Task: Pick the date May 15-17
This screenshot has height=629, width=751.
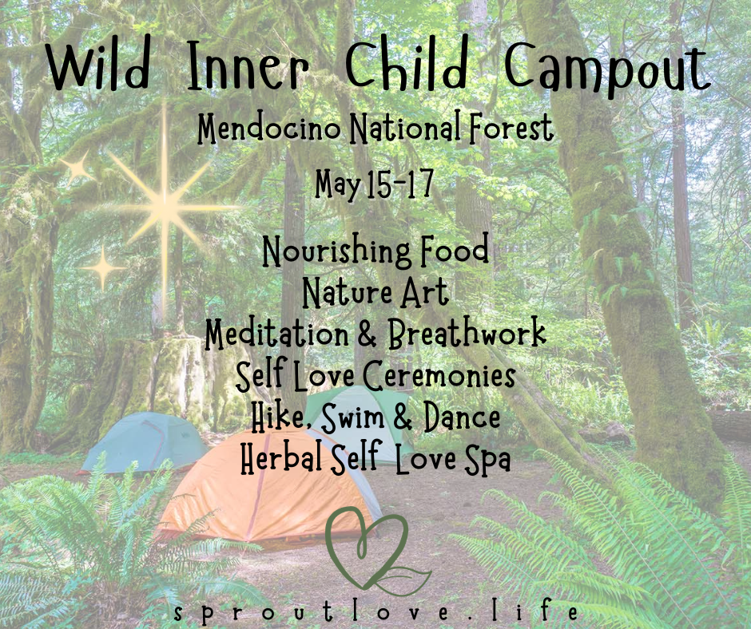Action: (375, 184)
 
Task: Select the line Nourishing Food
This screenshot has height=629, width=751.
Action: (375, 251)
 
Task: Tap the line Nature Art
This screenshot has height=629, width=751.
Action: (375, 293)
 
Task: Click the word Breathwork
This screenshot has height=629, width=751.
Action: (467, 334)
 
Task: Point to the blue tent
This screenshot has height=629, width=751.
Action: (144, 442)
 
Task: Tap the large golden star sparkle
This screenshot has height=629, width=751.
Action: (165, 199)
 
